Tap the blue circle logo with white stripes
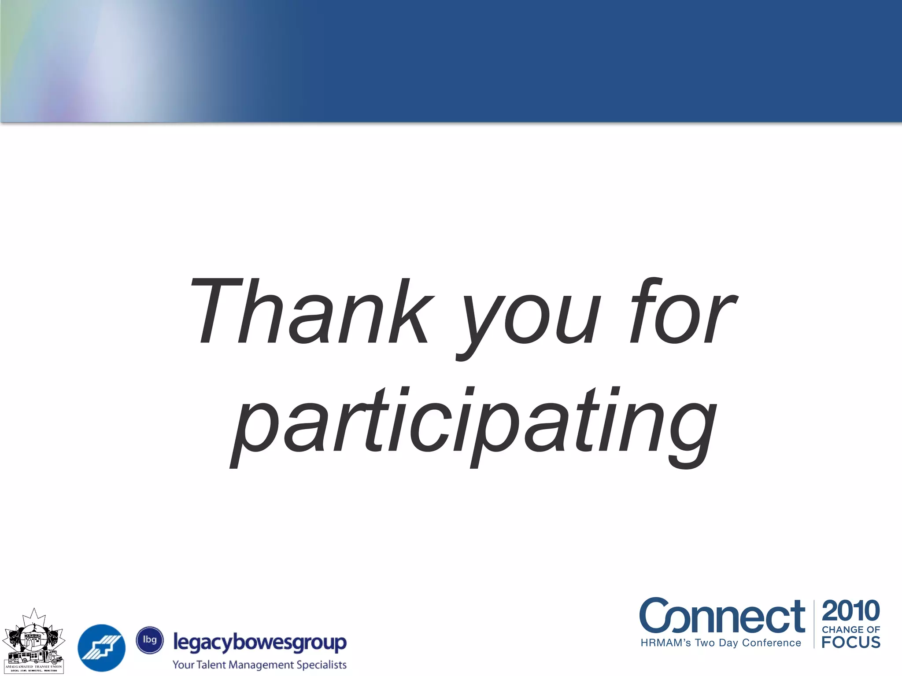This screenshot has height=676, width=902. pos(102,648)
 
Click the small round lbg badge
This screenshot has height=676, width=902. pos(150,640)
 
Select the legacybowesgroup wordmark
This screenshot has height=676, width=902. pos(260,643)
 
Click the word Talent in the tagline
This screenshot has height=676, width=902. pos(211,665)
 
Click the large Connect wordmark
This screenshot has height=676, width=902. pos(722,616)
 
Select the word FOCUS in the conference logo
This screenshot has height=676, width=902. pos(851,642)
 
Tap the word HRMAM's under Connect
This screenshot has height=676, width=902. pos(666,643)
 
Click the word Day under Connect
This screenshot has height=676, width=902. pos(728,643)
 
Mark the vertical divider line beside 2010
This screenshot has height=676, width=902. pos(814,624)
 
